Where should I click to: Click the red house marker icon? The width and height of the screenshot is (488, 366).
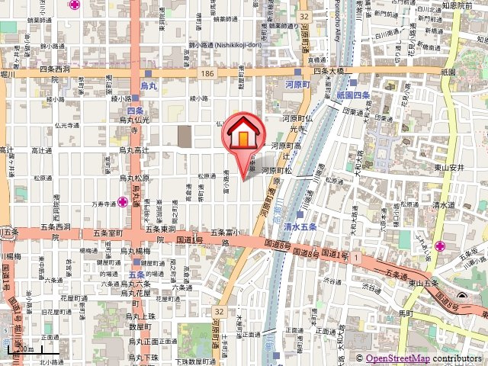tap(243, 136)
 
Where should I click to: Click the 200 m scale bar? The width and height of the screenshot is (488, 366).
tap(23, 350)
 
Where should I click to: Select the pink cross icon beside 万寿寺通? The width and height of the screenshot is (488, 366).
tap(122, 202)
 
